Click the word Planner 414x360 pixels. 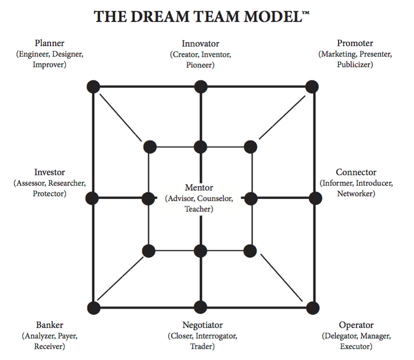[x=50, y=44]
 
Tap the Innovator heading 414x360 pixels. [x=200, y=44]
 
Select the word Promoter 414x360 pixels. [x=355, y=44]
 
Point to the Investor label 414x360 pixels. [x=50, y=172]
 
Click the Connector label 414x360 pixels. [x=356, y=172]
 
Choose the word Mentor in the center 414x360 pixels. [x=199, y=188]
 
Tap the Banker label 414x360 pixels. [x=50, y=325]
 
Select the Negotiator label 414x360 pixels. [x=202, y=325]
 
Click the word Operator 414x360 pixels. [x=356, y=325]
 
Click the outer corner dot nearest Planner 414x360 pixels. [x=93, y=86]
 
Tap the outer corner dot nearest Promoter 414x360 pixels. [x=312, y=86]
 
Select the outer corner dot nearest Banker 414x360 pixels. [x=93, y=308]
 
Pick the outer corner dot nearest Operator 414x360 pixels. [x=313, y=308]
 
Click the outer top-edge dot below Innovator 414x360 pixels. [x=201, y=86]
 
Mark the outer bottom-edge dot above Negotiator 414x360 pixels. [x=201, y=307]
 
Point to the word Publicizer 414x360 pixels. [x=355, y=64]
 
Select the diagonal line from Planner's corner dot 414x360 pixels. [x=119, y=116]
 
